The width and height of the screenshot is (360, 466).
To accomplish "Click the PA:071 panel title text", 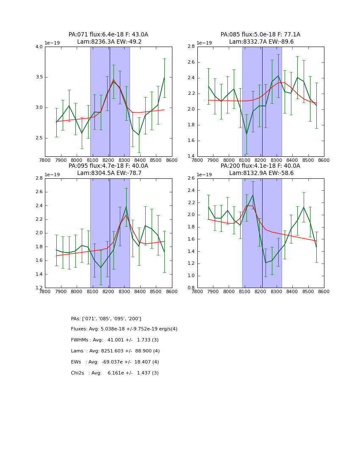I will pos(108,35).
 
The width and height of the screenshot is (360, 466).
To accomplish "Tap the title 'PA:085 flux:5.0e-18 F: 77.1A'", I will pos(260,35).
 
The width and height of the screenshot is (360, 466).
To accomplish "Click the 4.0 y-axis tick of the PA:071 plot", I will pos(39,47).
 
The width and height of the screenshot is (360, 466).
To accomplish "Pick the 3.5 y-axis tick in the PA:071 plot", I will pos(39,77).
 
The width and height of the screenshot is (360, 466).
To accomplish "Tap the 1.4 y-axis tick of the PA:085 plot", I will pos(191,156).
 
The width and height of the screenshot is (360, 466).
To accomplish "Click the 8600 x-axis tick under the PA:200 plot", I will pos(324,292).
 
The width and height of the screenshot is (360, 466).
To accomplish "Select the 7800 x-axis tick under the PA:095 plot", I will pos(45,292).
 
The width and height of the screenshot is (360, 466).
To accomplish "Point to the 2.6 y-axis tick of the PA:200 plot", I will pos(191,178).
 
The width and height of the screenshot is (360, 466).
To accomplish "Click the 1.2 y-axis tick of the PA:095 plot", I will pos(39,288).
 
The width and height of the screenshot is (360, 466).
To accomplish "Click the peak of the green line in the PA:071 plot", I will pos(114,81).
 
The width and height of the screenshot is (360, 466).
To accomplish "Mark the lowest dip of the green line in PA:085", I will pos(246,134).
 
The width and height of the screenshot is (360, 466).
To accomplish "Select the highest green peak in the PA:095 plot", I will pos(126,207).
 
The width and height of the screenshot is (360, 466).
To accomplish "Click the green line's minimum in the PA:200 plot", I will pos(266,263).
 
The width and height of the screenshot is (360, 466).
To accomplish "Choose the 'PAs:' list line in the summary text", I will pos(106,319).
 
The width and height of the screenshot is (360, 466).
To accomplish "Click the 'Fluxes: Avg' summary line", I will pos(124,329).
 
